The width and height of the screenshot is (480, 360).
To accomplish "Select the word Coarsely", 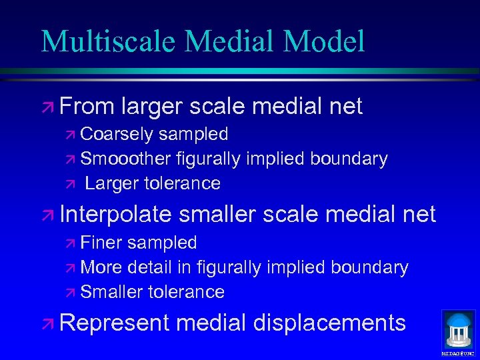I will (x=117, y=134).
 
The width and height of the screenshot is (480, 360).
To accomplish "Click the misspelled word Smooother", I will (x=125, y=159).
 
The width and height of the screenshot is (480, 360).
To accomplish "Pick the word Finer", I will (x=102, y=243).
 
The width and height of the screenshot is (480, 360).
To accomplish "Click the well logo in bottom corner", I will (x=458, y=330).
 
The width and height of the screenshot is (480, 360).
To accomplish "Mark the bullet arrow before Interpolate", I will (x=48, y=215).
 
